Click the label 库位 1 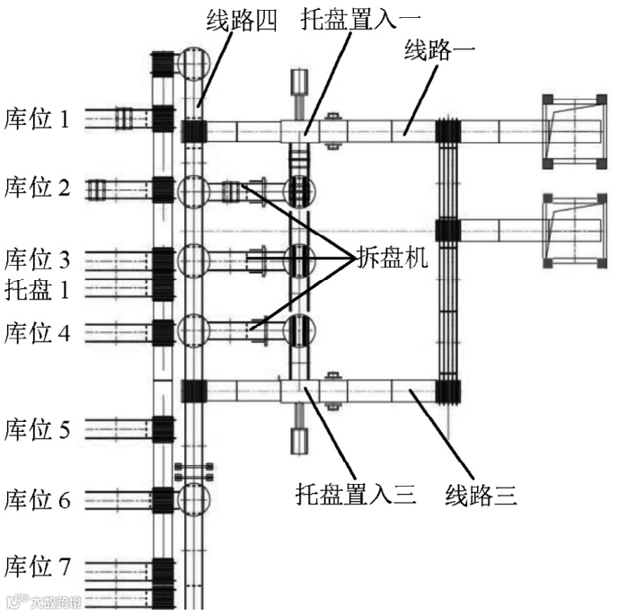pyautogui.click(x=37, y=119)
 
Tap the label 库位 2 pyautogui.click(x=37, y=188)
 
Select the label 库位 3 pyautogui.click(x=37, y=260)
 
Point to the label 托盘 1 pyautogui.click(x=37, y=289)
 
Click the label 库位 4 pyautogui.click(x=37, y=333)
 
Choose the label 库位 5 pyautogui.click(x=37, y=429)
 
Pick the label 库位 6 pyautogui.click(x=37, y=499)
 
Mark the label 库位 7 pyautogui.click(x=37, y=567)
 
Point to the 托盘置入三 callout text pyautogui.click(x=356, y=493)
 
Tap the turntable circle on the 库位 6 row pyautogui.click(x=192, y=498)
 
